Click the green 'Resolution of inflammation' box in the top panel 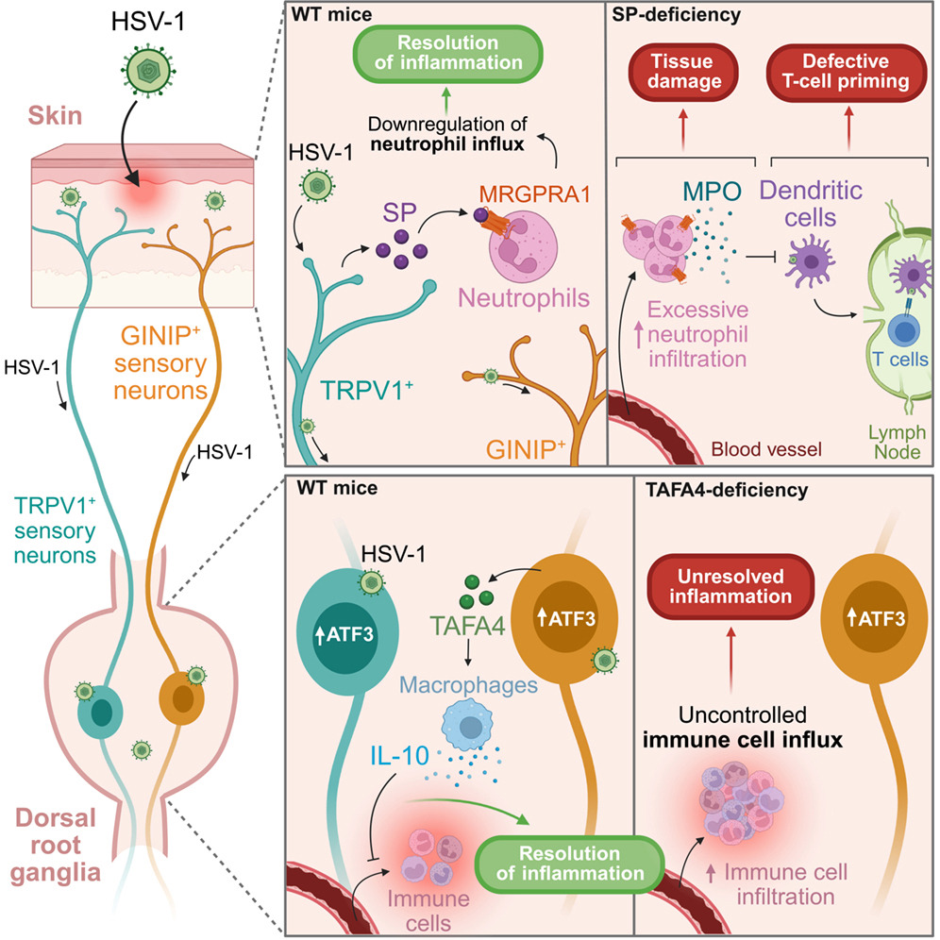(447, 54)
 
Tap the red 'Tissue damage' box (683, 72)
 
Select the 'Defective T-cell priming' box (846, 72)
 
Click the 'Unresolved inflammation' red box (730, 586)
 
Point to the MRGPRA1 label (535, 194)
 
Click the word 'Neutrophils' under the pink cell (524, 298)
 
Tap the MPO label (712, 192)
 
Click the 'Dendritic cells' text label (811, 204)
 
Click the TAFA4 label (468, 627)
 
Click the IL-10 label (399, 756)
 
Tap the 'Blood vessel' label (766, 449)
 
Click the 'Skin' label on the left (55, 116)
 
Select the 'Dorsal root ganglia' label (55, 846)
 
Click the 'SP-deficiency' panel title (677, 15)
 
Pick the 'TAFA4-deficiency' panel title (727, 491)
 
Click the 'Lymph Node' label (897, 442)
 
